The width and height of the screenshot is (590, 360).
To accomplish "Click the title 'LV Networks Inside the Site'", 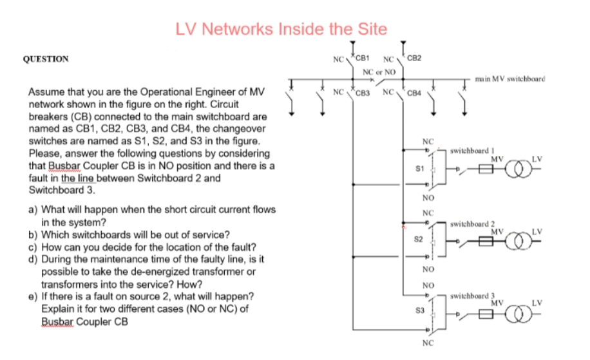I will [281, 29].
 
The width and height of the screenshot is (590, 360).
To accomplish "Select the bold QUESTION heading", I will [46, 58].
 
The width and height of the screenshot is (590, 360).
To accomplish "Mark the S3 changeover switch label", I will [419, 311].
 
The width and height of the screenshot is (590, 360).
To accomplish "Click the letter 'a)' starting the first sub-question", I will [32, 209].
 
